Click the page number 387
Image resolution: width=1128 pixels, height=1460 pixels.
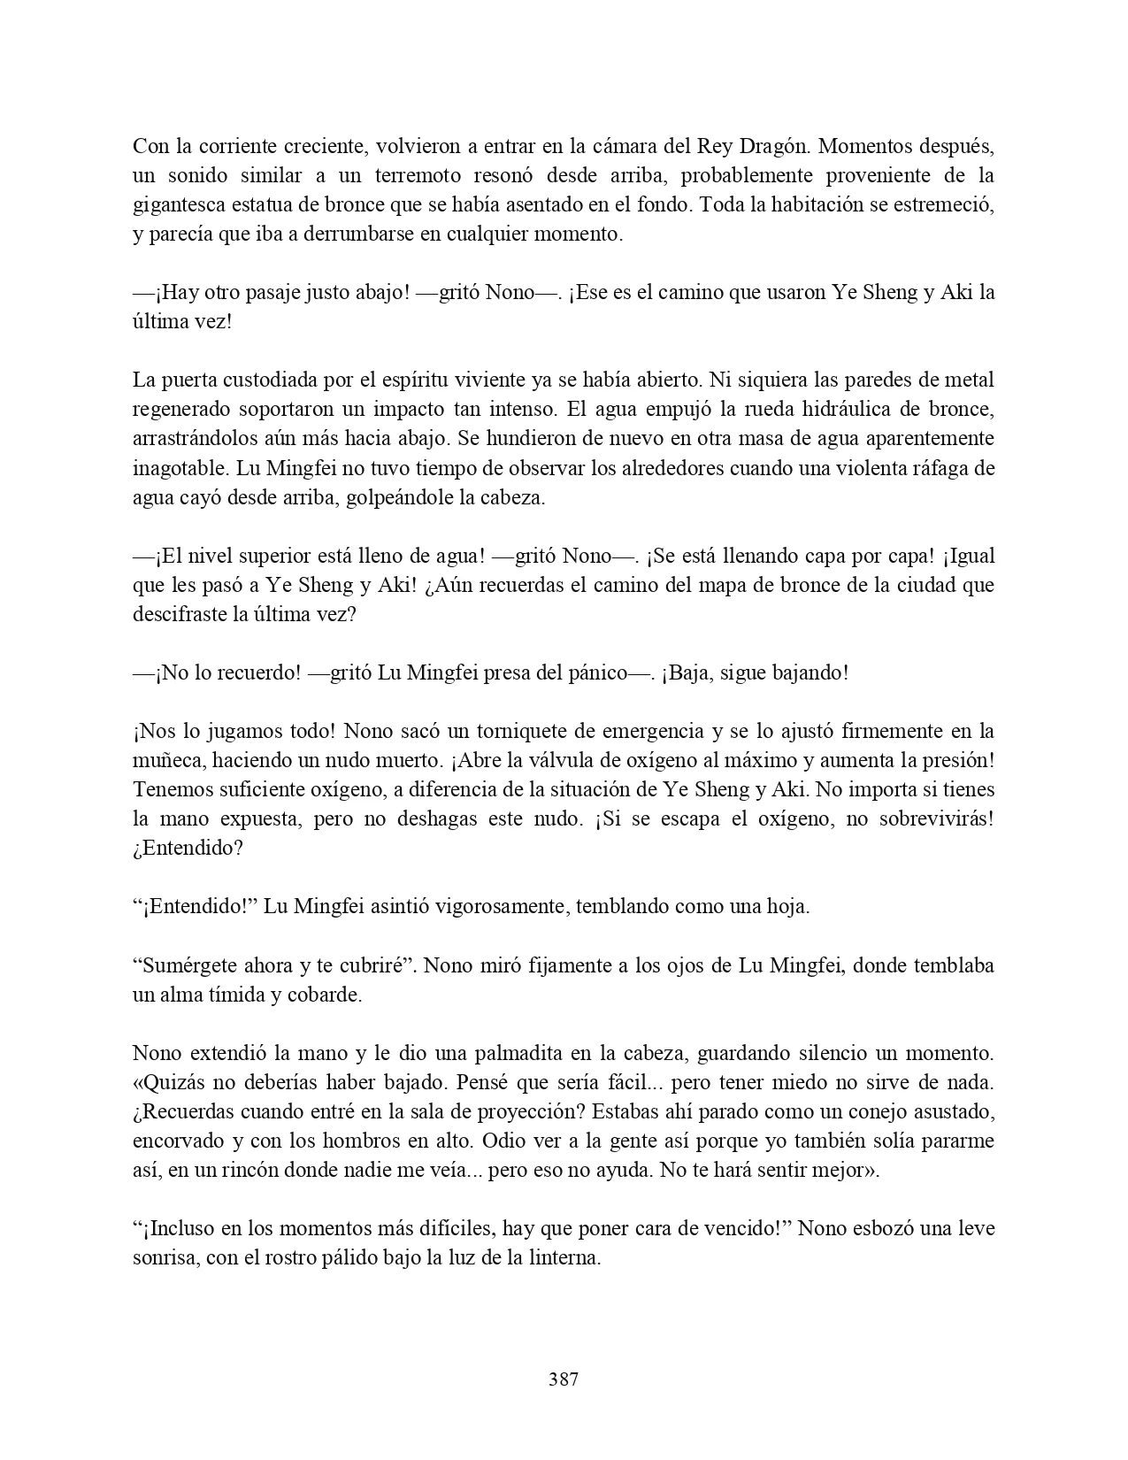point(564,1379)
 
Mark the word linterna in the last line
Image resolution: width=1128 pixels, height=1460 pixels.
point(563,1257)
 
